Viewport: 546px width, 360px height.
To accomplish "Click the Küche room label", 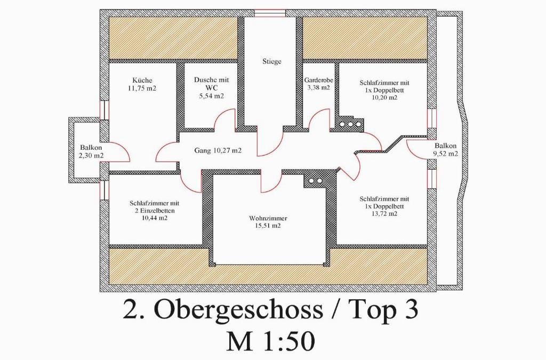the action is (142, 81).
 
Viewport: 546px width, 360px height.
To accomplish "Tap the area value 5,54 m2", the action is (211, 96).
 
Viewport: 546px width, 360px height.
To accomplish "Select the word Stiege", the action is (272, 62).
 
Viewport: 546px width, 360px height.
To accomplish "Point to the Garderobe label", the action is (319, 80).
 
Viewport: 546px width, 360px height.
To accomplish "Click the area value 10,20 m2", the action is (384, 98).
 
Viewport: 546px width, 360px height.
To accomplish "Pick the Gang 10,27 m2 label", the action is (218, 151).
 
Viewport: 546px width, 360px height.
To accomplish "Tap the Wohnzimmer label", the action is (268, 219).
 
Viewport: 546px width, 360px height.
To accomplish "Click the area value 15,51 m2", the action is (268, 226).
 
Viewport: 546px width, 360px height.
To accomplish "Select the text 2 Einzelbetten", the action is (155, 211).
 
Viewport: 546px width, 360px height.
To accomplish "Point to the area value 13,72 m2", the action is (384, 214).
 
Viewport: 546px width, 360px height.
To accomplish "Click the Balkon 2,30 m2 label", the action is (91, 151).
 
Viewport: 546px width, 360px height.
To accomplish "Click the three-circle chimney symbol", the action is (349, 124).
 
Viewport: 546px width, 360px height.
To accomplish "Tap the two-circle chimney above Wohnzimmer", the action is (315, 181).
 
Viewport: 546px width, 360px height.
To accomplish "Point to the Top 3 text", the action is (383, 309).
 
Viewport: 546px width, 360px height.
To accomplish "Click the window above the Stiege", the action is (270, 13).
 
